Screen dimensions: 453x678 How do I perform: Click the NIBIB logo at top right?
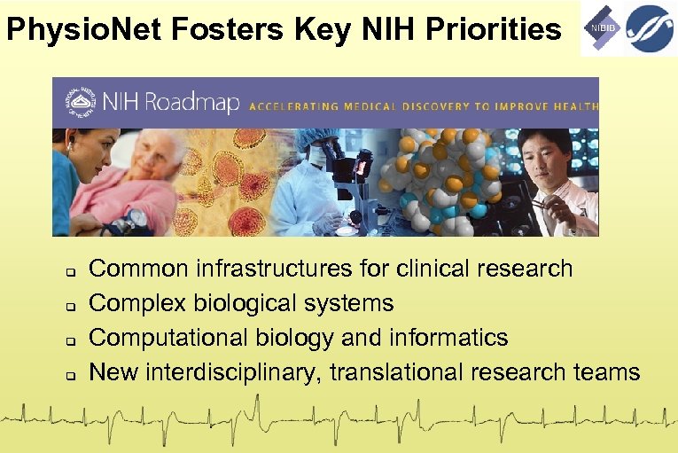pyautogui.click(x=602, y=28)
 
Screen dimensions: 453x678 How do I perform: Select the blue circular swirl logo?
pyautogui.click(x=650, y=28)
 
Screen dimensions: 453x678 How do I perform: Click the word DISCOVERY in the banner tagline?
pyautogui.click(x=425, y=105)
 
